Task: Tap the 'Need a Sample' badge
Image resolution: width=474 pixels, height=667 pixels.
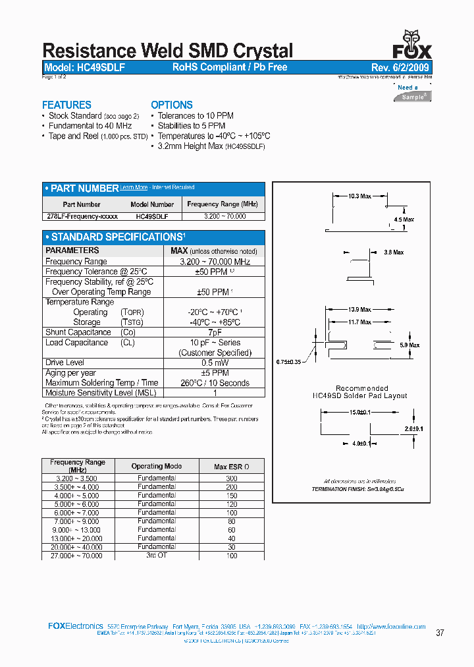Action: point(413,92)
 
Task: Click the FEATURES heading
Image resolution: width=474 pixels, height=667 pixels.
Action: point(66,105)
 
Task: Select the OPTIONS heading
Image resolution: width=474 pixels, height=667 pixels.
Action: point(172,105)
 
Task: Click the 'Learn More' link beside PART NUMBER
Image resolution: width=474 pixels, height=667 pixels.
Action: point(134,188)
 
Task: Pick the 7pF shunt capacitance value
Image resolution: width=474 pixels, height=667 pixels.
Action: point(215,332)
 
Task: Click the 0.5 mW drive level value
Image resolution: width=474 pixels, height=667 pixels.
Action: point(215,362)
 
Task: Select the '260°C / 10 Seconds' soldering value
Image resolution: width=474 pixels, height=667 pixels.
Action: point(215,383)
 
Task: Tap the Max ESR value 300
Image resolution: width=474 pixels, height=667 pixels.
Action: point(231,478)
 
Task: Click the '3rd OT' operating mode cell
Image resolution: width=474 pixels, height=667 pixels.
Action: point(157,556)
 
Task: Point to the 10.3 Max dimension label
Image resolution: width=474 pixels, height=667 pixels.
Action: point(360,196)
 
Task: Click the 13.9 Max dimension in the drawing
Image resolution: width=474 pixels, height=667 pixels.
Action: point(360,309)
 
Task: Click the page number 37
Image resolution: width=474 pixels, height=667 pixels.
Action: point(440,633)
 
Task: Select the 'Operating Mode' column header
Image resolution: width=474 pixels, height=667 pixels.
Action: point(157,466)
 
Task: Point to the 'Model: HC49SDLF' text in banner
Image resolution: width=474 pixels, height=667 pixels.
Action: point(84,67)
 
